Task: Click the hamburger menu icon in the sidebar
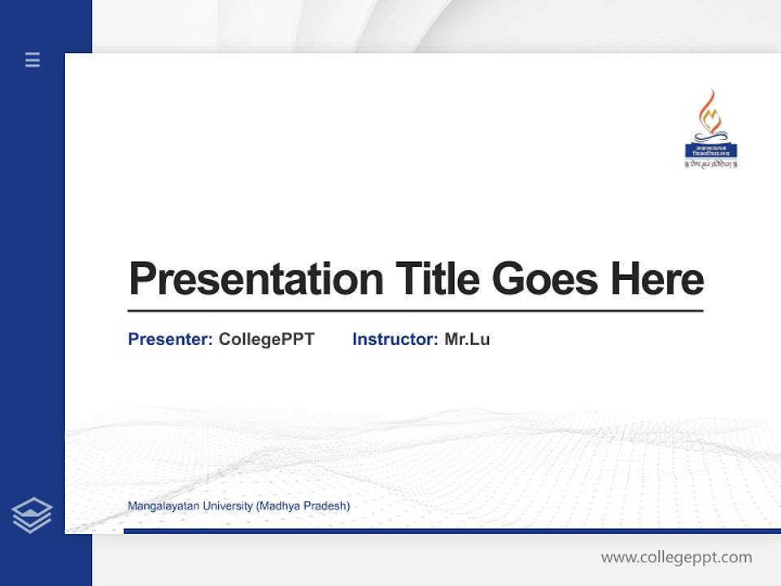pyautogui.click(x=33, y=59)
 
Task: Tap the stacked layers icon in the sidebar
pyautogui.click(x=33, y=515)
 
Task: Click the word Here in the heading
pyautogui.click(x=657, y=279)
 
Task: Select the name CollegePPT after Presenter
pyautogui.click(x=267, y=339)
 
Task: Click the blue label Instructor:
pyautogui.click(x=395, y=339)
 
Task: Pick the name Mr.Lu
pyautogui.click(x=467, y=339)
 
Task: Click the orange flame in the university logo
pyautogui.click(x=711, y=110)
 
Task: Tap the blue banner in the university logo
pyautogui.click(x=711, y=151)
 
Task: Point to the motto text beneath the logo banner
pyautogui.click(x=711, y=164)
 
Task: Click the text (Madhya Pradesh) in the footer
pyautogui.click(x=303, y=506)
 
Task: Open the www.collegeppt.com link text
pyautogui.click(x=676, y=558)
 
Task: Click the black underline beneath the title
pyautogui.click(x=415, y=310)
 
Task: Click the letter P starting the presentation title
pyautogui.click(x=142, y=279)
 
